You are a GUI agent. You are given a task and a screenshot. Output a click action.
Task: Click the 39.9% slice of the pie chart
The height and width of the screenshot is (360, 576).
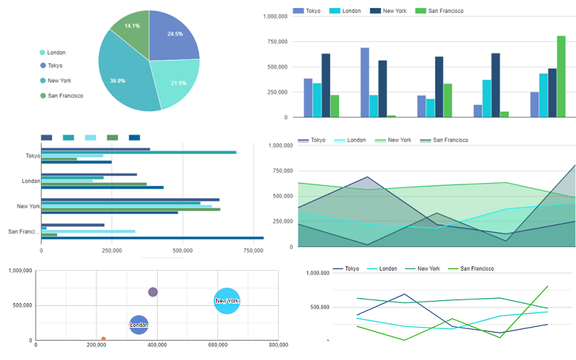[122, 76]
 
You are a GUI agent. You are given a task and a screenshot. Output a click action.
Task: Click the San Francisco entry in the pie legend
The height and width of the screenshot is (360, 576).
[65, 96]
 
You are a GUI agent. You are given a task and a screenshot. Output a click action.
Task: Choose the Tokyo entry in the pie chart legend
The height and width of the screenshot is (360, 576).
[55, 66]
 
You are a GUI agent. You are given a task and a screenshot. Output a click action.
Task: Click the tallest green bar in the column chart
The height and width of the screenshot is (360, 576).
[561, 76]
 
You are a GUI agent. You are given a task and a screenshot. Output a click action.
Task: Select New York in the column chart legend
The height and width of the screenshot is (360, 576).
[392, 12]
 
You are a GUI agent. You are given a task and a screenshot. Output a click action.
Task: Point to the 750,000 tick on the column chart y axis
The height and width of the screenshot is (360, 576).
[276, 42]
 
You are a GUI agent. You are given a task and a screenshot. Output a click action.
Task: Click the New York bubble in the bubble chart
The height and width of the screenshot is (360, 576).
[227, 300]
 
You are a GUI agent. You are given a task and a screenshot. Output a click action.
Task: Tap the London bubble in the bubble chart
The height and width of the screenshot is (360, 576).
[139, 325]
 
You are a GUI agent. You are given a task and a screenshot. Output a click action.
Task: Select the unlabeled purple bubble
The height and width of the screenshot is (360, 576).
[153, 292]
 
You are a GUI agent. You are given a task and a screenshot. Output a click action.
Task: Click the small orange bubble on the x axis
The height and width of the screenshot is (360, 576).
[104, 338]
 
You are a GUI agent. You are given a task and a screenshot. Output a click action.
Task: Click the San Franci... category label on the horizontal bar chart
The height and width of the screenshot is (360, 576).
[23, 231]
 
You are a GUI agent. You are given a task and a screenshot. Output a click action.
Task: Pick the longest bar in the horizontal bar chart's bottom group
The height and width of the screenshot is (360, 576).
[152, 238]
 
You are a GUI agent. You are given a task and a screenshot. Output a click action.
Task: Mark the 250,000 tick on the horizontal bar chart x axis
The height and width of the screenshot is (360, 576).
[112, 251]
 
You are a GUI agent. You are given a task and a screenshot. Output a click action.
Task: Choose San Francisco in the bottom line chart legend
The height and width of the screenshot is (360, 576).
[476, 268]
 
